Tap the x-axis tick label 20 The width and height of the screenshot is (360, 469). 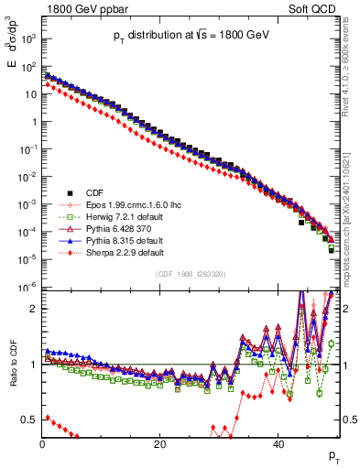[x=160, y=444]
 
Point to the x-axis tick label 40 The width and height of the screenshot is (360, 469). [x=278, y=444]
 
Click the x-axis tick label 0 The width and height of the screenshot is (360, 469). [x=42, y=444]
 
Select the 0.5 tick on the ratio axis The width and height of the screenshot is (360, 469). [x=29, y=420]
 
